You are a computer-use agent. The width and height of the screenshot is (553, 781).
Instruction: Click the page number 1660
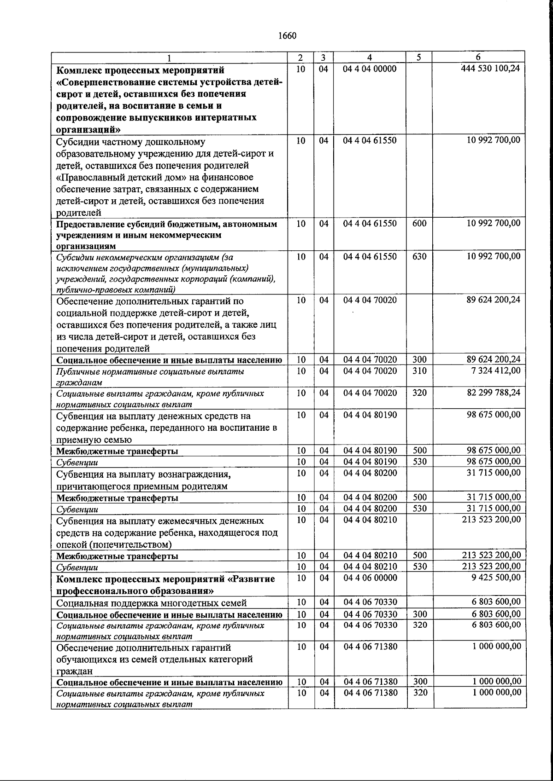tap(287, 36)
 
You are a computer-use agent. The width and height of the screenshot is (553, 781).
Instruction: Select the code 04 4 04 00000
tap(370, 69)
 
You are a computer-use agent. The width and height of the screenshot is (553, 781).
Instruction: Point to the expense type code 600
tap(419, 224)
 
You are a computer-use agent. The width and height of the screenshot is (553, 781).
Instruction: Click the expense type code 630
tap(419, 256)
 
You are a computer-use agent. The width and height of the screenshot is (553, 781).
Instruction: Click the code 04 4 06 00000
tap(370, 578)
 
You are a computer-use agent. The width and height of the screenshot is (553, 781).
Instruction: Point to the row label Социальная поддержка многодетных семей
tap(151, 603)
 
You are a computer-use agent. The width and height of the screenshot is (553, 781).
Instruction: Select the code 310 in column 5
tap(419, 371)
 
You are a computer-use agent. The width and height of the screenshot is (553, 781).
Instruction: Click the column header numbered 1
tap(169, 58)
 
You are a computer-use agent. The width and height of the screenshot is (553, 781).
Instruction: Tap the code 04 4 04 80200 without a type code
tap(370, 473)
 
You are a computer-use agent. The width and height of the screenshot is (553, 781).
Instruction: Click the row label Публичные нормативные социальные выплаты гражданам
tap(150, 376)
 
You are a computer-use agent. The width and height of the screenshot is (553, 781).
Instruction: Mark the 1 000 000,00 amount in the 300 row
tap(497, 682)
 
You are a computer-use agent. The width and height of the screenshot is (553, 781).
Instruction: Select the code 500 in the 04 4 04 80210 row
tap(419, 555)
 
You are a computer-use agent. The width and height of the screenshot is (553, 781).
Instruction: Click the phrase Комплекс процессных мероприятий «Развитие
tap(165, 579)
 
